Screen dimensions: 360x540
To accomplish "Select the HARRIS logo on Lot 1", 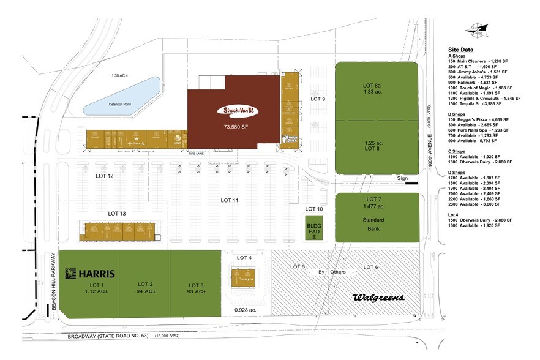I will coord(91,273).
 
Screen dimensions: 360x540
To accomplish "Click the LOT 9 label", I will coord(317,99).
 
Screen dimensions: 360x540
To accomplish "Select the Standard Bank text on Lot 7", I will coord(374,224).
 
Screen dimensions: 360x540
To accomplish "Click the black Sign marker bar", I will coord(411,182).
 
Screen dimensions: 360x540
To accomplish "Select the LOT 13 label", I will coord(117,213).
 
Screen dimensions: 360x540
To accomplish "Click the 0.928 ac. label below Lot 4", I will coord(244,310).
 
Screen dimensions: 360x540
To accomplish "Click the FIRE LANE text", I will coord(196,153).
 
